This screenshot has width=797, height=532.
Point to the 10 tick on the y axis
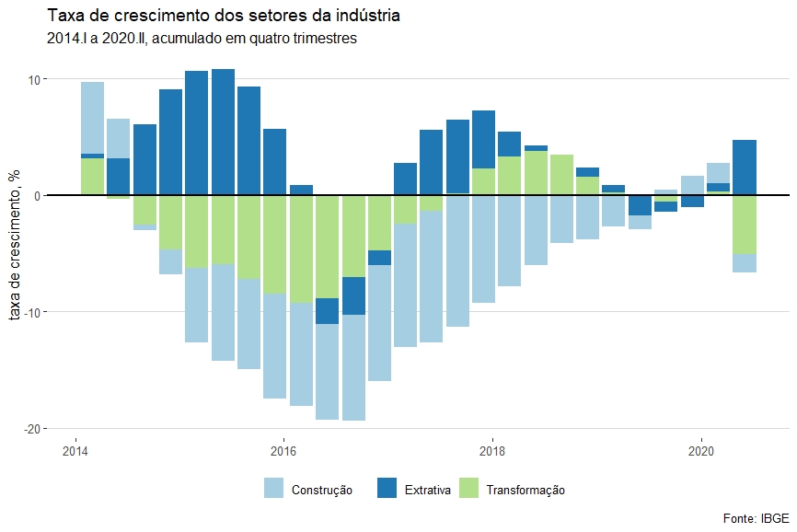[32, 79]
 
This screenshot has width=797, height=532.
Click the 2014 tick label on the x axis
[75, 450]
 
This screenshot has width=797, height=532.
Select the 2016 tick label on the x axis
[283, 450]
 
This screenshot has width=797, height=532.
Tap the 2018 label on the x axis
[492, 450]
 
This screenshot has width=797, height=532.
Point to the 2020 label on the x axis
[701, 450]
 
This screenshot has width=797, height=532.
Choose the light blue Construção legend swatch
[274, 489]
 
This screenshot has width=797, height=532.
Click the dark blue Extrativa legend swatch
[388, 489]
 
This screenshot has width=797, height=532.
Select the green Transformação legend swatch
[469, 489]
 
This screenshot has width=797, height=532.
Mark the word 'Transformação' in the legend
[526, 491]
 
